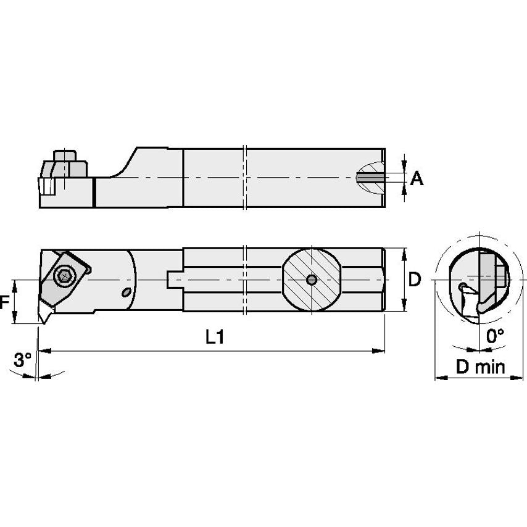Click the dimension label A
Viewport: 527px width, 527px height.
417,179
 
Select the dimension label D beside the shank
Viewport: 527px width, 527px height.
415,280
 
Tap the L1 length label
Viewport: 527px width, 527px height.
214,337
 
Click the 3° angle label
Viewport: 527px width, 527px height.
22,359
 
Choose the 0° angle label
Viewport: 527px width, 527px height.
495,337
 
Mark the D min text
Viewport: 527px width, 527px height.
480,367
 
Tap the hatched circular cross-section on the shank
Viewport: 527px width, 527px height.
312,280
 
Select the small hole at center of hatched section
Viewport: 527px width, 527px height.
312,280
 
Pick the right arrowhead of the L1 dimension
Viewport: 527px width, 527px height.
381,351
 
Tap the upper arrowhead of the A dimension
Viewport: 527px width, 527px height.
405,165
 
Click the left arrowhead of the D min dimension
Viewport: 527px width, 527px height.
439,376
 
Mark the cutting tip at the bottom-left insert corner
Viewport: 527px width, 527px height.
41,322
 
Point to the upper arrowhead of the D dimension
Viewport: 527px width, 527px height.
404,252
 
